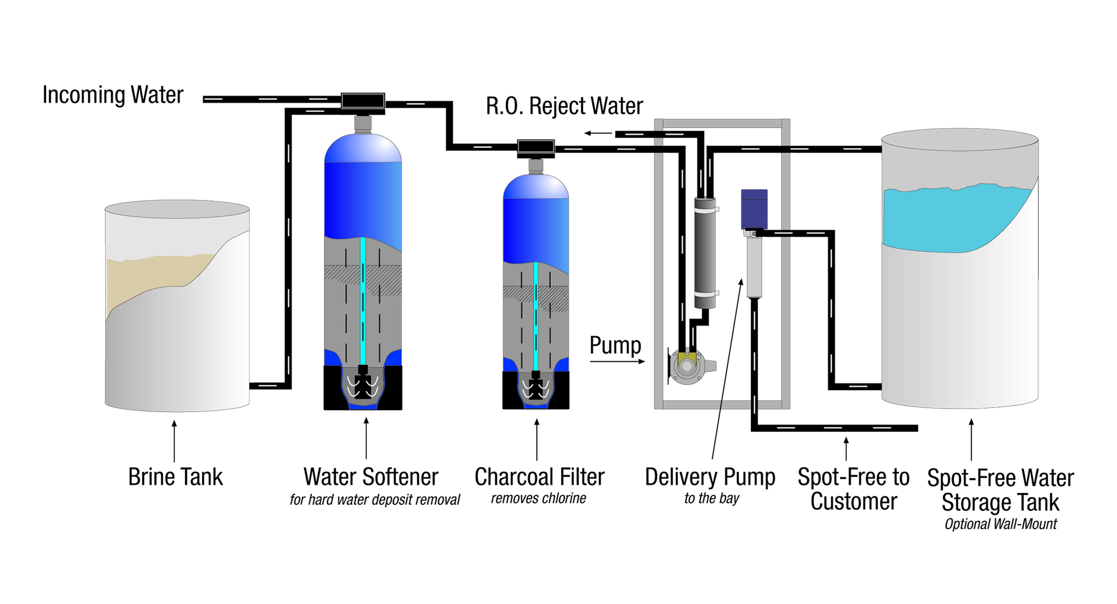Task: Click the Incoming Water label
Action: pyautogui.click(x=113, y=95)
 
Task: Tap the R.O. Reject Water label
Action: pyautogui.click(x=564, y=106)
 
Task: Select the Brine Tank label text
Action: pyautogui.click(x=175, y=477)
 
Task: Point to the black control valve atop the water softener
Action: pyautogui.click(x=363, y=101)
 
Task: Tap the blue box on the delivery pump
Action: pyautogui.click(x=754, y=208)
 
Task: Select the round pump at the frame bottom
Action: pyautogui.click(x=687, y=367)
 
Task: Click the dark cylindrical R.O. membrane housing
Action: pyautogui.click(x=704, y=253)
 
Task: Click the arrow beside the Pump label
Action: pyautogui.click(x=617, y=361)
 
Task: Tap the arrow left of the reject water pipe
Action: pyautogui.click(x=598, y=133)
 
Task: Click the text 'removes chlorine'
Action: pyautogui.click(x=538, y=498)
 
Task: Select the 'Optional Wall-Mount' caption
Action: pyautogui.click(x=1000, y=524)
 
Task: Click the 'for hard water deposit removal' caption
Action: pyautogui.click(x=375, y=500)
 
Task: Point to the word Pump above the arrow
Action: pyautogui.click(x=615, y=345)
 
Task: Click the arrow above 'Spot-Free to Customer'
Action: pyautogui.click(x=846, y=448)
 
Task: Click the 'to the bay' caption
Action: pyautogui.click(x=711, y=498)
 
